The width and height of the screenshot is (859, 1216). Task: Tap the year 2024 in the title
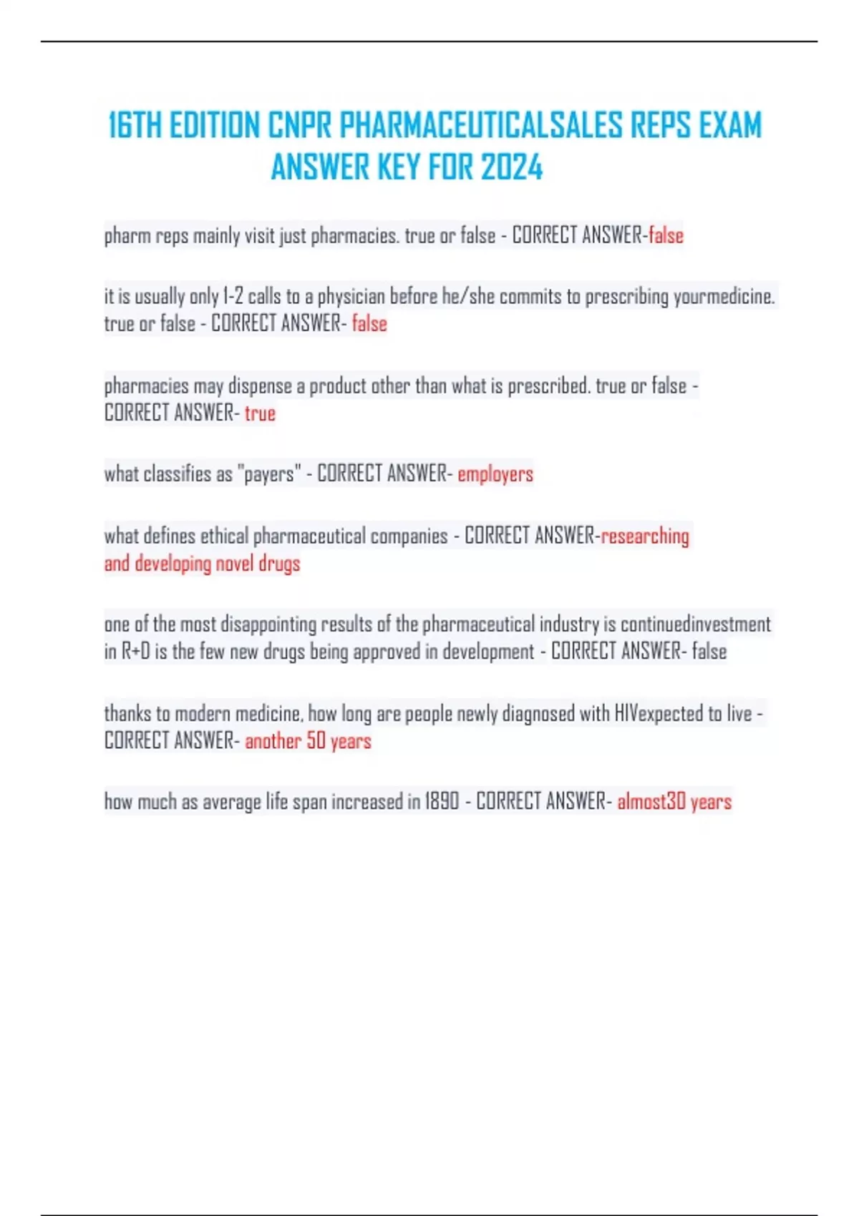click(x=512, y=168)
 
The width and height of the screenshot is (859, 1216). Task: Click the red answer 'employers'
click(x=495, y=474)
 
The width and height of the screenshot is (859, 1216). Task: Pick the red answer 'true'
click(x=260, y=413)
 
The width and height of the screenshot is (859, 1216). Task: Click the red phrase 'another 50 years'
click(x=308, y=741)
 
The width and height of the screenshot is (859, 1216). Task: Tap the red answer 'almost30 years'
click(x=674, y=802)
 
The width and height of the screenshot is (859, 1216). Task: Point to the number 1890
click(x=442, y=802)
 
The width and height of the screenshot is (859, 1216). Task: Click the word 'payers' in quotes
click(x=269, y=474)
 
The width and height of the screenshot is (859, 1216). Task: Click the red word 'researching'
click(x=645, y=536)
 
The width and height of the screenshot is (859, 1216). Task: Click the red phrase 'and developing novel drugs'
click(x=202, y=564)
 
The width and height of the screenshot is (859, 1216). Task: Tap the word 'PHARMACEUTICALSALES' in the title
click(x=480, y=126)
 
